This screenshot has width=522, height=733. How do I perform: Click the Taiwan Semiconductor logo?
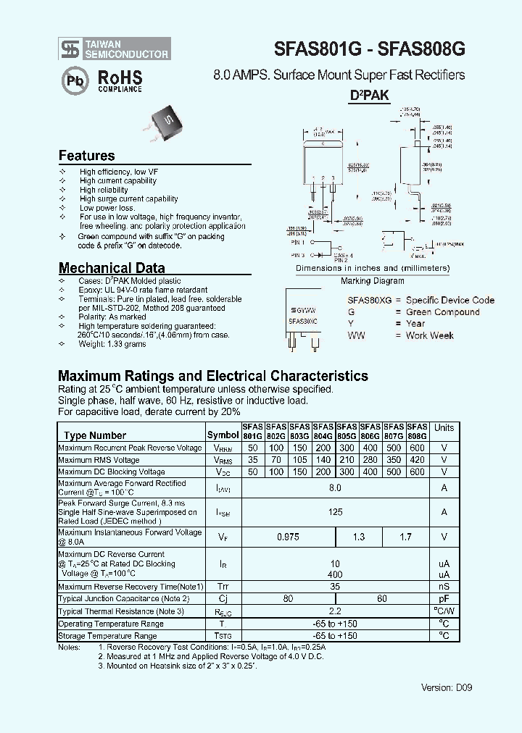[115, 49]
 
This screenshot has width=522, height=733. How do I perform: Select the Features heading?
[86, 156]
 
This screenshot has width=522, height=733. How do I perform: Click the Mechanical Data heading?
[112, 267]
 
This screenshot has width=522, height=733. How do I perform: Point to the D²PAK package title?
[370, 96]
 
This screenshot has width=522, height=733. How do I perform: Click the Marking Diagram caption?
[372, 281]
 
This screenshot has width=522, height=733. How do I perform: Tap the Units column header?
[444, 428]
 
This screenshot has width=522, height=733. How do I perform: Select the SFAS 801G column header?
[252, 432]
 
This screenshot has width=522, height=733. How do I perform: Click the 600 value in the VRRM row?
[417, 448]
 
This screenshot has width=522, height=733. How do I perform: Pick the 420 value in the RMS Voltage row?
[417, 460]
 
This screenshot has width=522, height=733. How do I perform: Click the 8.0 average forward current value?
[335, 488]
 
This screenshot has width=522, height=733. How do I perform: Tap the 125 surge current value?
[335, 512]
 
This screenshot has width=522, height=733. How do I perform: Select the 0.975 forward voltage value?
[288, 537]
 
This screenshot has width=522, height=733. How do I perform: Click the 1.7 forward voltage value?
[405, 537]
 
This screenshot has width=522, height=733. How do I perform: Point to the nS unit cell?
[444, 587]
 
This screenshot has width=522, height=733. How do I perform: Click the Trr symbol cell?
[223, 587]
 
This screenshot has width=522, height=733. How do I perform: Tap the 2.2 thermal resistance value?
[335, 611]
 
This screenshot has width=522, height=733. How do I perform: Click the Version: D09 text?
[447, 687]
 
